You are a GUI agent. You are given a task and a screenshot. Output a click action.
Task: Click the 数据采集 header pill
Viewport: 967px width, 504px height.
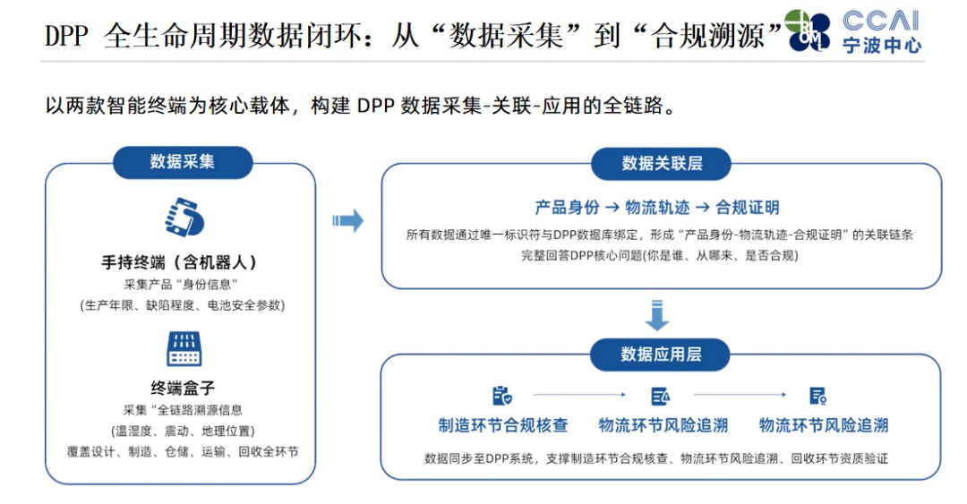pyautogui.click(x=183, y=162)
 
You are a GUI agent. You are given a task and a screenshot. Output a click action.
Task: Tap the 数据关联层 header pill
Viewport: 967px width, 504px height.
pyautogui.click(x=661, y=164)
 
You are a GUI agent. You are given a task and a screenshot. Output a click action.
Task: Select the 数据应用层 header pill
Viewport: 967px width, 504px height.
pyautogui.click(x=661, y=355)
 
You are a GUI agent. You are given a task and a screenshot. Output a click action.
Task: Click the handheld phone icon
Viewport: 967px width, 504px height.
pyautogui.click(x=184, y=218)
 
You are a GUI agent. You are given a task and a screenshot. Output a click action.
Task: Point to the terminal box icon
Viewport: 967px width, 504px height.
pyautogui.click(x=184, y=348)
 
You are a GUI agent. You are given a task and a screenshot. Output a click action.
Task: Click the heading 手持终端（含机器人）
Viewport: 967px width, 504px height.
pyautogui.click(x=179, y=262)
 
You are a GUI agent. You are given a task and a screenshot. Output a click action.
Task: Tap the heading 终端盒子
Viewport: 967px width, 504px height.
pyautogui.click(x=184, y=388)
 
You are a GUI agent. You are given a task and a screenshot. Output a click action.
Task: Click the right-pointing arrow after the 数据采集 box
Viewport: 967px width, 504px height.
pyautogui.click(x=347, y=220)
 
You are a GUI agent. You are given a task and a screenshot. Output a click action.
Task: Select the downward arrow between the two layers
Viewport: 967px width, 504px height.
pyautogui.click(x=657, y=315)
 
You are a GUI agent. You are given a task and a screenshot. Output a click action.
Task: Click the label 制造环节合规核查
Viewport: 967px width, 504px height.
pyautogui.click(x=502, y=425)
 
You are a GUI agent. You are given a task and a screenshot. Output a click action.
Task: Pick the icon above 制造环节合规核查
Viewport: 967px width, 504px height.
pyautogui.click(x=502, y=396)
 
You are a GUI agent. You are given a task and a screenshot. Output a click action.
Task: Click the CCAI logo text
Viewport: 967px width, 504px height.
pyautogui.click(x=881, y=21)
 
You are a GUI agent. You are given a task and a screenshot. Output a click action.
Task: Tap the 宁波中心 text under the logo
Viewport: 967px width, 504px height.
pyautogui.click(x=882, y=46)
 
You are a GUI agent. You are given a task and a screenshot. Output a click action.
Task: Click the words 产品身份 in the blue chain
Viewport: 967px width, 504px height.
pyautogui.click(x=567, y=208)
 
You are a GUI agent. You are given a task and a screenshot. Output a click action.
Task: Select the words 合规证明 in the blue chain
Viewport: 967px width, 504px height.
pyautogui.click(x=747, y=208)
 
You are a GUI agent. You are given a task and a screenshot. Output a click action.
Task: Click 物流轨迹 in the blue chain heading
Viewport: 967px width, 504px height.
pyautogui.click(x=657, y=208)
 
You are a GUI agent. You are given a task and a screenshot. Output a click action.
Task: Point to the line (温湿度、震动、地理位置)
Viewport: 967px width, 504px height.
pyautogui.click(x=184, y=431)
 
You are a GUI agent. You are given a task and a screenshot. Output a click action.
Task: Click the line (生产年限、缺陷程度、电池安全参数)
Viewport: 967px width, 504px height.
pyautogui.click(x=184, y=305)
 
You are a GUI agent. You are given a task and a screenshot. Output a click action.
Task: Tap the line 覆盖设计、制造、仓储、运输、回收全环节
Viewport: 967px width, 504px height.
pyautogui.click(x=184, y=451)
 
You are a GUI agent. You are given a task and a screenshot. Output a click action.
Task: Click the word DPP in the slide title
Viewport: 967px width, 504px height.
pyautogui.click(x=66, y=36)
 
